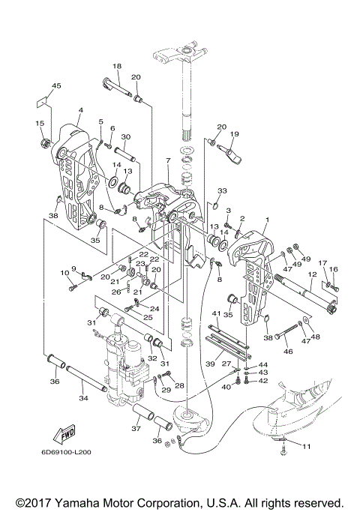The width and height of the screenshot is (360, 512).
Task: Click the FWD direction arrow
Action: click(x=64, y=434)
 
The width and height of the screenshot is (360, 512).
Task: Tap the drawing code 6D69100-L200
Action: click(x=66, y=452)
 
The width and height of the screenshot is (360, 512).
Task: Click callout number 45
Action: click(x=56, y=86)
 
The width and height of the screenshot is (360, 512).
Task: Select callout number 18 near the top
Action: click(x=117, y=66)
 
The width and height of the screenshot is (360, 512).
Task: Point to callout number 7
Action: click(x=168, y=160)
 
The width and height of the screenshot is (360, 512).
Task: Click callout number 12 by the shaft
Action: click(x=312, y=274)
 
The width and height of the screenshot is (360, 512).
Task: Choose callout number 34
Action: click(x=83, y=398)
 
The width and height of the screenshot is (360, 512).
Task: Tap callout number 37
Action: click(x=136, y=428)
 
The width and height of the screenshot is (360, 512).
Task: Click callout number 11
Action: click(x=307, y=446)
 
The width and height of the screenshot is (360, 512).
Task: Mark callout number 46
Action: click(x=288, y=352)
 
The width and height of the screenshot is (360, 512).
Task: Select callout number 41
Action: click(x=216, y=314)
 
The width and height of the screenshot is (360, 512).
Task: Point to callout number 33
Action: click(x=222, y=190)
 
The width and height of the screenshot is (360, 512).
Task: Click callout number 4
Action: click(x=81, y=110)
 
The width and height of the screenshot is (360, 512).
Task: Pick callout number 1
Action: click(x=267, y=220)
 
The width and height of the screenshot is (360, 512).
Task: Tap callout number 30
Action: click(x=126, y=137)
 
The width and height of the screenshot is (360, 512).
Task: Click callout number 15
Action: click(x=40, y=123)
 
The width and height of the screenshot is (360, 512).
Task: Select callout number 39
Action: click(x=211, y=364)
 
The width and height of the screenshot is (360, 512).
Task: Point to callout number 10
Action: click(x=64, y=273)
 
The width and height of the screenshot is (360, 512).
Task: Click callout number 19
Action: click(x=235, y=134)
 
